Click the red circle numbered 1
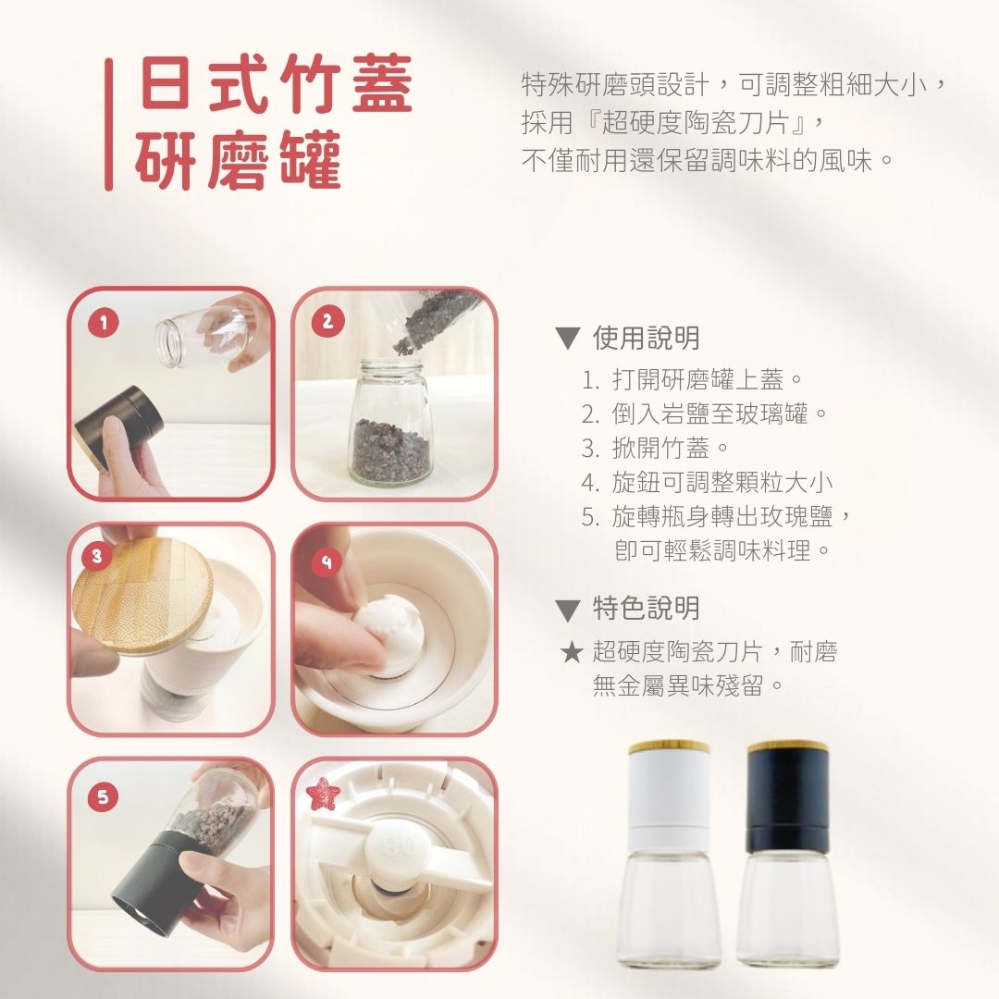(104, 323)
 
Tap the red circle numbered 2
(327, 321)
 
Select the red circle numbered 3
(97, 556)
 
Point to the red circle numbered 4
(327, 561)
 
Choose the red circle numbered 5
(104, 796)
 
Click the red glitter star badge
(323, 794)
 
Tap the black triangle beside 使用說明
(567, 339)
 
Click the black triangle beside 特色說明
(567, 610)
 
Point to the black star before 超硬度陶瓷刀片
(572, 652)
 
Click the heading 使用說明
(646, 338)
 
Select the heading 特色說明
(646, 609)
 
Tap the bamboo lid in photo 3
(142, 596)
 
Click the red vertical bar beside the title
(109, 125)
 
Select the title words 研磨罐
(239, 160)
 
